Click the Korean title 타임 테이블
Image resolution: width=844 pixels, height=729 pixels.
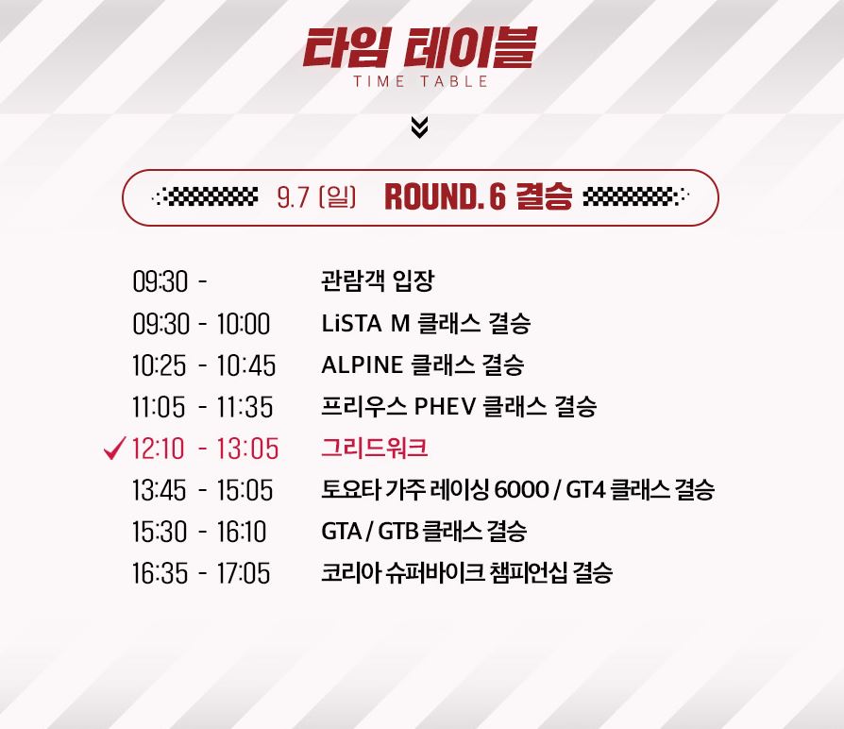(x=420, y=48)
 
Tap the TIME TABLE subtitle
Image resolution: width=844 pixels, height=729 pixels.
(x=420, y=82)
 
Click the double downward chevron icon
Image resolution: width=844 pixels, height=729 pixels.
(x=419, y=127)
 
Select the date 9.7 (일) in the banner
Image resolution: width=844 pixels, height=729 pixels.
(x=316, y=196)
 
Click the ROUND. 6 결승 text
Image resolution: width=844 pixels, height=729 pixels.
(x=478, y=196)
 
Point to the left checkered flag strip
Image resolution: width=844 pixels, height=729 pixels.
(x=205, y=197)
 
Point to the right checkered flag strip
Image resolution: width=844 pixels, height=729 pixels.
(x=635, y=197)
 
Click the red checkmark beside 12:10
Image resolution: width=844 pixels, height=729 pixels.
(x=114, y=448)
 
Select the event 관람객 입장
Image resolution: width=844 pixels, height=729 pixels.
(x=378, y=280)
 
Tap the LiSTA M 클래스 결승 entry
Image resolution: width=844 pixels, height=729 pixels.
(x=426, y=323)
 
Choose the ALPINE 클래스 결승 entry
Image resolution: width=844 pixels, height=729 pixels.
(x=423, y=364)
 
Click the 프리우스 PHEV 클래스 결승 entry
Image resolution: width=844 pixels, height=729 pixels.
(x=459, y=406)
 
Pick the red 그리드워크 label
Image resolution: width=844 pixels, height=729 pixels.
(x=375, y=448)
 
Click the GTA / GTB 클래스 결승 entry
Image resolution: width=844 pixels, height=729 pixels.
(x=424, y=531)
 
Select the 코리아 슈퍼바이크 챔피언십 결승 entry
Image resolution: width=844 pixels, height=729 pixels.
(x=466, y=572)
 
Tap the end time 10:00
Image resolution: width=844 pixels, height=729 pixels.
(x=244, y=324)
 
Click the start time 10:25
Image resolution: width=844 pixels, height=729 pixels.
(x=160, y=365)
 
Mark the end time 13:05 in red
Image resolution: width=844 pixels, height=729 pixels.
(x=247, y=449)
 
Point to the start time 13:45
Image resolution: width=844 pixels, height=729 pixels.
(x=160, y=490)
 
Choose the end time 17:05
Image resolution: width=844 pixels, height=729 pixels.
(x=244, y=573)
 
